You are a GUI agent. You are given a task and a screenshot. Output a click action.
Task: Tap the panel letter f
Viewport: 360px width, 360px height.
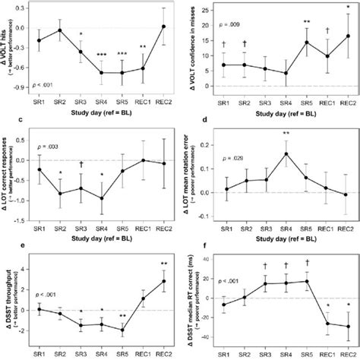[x=192, y=245]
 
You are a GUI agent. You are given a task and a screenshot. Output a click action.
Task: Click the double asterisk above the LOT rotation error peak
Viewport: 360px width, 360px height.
[x=286, y=134]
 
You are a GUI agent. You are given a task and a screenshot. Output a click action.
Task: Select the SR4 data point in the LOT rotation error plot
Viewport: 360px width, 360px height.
[x=286, y=154]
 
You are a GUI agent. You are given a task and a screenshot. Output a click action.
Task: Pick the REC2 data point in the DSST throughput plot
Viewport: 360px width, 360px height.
[x=163, y=281]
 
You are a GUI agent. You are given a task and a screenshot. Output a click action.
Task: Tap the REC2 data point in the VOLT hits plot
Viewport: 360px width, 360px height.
[x=163, y=27]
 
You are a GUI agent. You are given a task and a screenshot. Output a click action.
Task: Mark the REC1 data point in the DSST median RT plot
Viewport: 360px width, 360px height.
[x=327, y=323]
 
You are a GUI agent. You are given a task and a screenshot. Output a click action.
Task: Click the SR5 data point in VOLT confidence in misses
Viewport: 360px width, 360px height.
[x=307, y=63]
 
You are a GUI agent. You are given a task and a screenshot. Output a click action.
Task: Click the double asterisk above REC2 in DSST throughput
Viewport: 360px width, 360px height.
[x=163, y=264]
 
